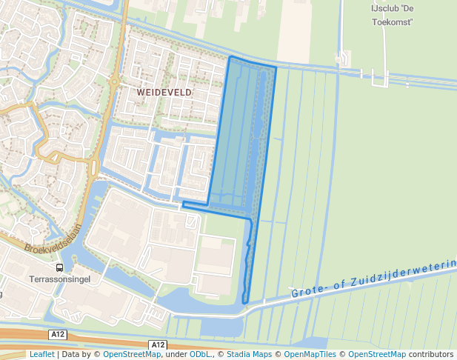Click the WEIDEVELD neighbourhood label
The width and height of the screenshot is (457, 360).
click(x=164, y=92)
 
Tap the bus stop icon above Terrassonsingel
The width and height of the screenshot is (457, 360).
click(x=59, y=267)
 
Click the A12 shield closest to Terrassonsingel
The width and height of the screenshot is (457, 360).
click(x=59, y=335)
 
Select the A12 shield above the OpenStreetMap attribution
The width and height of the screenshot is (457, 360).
click(x=157, y=345)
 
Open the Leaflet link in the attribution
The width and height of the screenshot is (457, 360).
click(x=41, y=355)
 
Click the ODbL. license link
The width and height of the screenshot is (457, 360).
click(x=201, y=355)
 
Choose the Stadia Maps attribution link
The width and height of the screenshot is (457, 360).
click(x=249, y=355)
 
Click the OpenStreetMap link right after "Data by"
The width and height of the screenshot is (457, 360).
click(x=131, y=355)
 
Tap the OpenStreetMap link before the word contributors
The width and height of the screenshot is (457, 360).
click(x=376, y=355)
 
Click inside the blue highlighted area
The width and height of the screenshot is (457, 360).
click(x=241, y=133)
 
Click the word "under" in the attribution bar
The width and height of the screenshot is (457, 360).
click(x=176, y=355)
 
